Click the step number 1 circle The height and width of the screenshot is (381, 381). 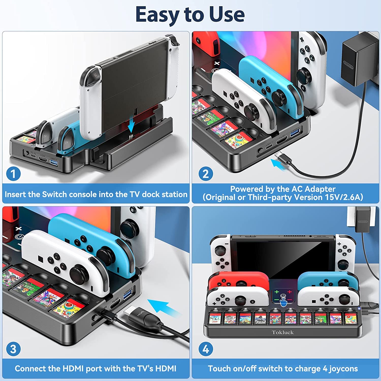pos(13,174)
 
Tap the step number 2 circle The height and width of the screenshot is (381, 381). pos(205,174)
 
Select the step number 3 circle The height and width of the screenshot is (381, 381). pos(13,349)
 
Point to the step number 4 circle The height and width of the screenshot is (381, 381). pos(205,349)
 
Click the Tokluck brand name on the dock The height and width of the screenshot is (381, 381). pos(282,332)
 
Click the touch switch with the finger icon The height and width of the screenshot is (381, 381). pos(283,297)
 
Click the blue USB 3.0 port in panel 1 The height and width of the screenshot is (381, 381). pos(54,162)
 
